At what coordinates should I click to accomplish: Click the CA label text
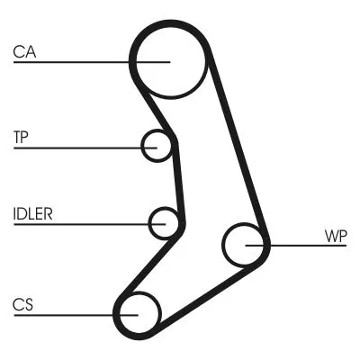click(24, 51)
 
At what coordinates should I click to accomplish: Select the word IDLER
click(33, 214)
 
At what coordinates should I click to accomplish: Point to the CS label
click(22, 304)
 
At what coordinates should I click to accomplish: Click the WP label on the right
click(335, 237)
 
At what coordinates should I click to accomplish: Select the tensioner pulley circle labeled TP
click(157, 145)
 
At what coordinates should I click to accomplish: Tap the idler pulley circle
click(165, 222)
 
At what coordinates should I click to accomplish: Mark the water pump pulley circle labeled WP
click(243, 245)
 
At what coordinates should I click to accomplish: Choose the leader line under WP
click(306, 245)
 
